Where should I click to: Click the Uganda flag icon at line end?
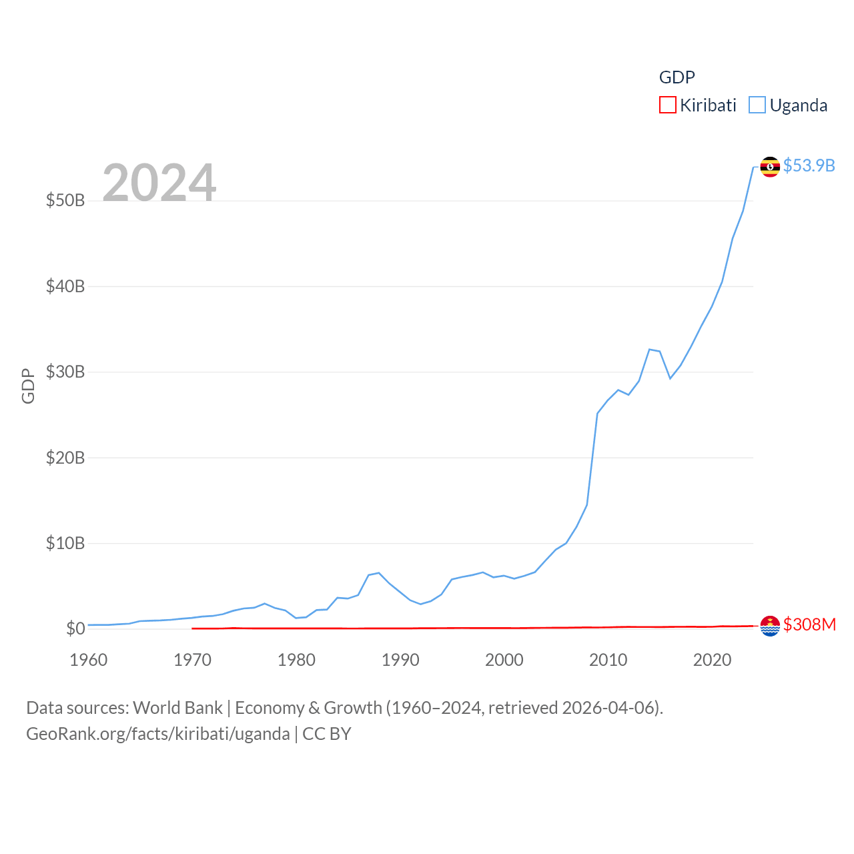pyautogui.click(x=770, y=167)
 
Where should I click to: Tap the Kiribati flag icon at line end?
pyautogui.click(x=770, y=626)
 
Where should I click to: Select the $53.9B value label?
pyautogui.click(x=809, y=165)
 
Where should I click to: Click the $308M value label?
pyautogui.click(x=809, y=624)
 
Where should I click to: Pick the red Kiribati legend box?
pyautogui.click(x=667, y=105)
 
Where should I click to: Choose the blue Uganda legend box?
pyautogui.click(x=757, y=105)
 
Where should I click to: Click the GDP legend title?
pyautogui.click(x=677, y=77)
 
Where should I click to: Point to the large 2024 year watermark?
pyautogui.click(x=159, y=182)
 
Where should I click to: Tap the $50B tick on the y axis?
pyautogui.click(x=65, y=200)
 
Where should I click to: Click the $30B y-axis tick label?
pyautogui.click(x=65, y=372)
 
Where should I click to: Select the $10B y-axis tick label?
pyautogui.click(x=65, y=543)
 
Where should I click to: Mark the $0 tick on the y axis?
pyautogui.click(x=75, y=628)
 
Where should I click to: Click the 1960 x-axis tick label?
pyautogui.click(x=89, y=660)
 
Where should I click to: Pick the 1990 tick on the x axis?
pyautogui.click(x=400, y=660)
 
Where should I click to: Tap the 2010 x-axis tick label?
pyautogui.click(x=608, y=660)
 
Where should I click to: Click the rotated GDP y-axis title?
pyautogui.click(x=28, y=386)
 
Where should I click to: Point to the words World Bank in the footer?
pyautogui.click(x=177, y=708)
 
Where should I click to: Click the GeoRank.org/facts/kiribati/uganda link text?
pyautogui.click(x=157, y=734)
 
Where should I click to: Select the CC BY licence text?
pyautogui.click(x=327, y=734)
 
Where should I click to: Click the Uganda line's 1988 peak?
pyautogui.click(x=378, y=572)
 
